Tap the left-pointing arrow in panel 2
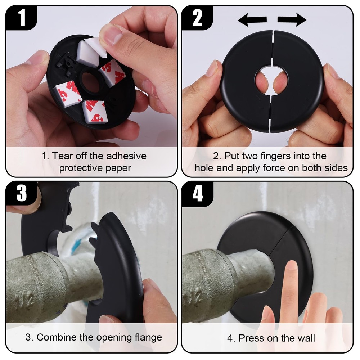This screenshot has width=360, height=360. (x=252, y=21)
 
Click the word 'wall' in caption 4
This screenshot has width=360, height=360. (x=306, y=338)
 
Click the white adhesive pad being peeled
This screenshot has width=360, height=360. (x=90, y=54)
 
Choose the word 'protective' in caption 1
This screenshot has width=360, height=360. (x=80, y=168)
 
